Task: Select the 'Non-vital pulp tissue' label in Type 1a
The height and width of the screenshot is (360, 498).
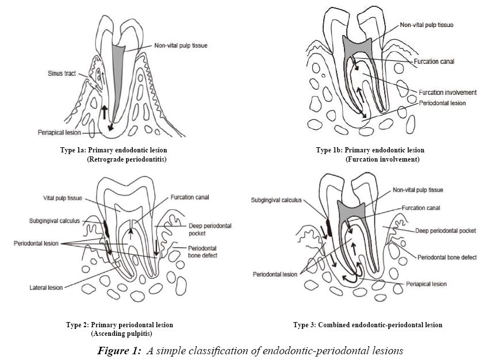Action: (x=180, y=46)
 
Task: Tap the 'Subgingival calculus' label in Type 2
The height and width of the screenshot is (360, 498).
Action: (x=50, y=220)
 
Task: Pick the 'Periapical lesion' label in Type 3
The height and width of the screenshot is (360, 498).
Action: (x=427, y=284)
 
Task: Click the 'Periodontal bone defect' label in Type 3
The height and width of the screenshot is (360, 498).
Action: (x=447, y=257)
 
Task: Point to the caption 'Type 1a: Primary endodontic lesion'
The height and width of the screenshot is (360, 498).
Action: (x=113, y=150)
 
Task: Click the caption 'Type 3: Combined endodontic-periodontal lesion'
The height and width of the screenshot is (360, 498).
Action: (x=367, y=325)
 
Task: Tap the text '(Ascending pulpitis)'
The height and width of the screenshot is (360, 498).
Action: (x=121, y=334)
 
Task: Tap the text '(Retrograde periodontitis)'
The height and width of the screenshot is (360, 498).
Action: (x=126, y=159)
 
